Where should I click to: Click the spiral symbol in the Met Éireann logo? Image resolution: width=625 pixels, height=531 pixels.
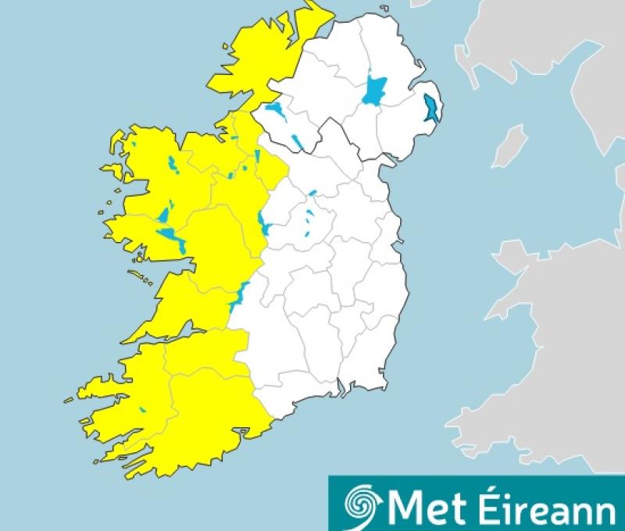point(362,503)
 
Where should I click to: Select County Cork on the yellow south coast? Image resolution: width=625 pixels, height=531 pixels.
point(203,422)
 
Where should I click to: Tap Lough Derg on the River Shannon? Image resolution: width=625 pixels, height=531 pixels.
point(239,294)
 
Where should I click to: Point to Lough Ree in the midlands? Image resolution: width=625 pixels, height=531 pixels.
point(265,226)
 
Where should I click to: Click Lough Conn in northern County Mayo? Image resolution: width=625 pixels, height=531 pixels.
point(170,165)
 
